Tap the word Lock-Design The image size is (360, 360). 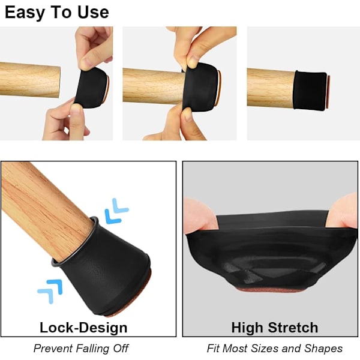coord(83,328)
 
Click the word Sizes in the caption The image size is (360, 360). coord(265,348)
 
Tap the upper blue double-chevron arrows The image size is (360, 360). coord(116,211)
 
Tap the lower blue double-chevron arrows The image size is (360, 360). coord(50,291)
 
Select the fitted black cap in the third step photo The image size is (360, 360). coord(310,91)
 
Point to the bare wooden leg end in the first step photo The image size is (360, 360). coord(30,80)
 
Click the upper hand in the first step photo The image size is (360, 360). coord(94,48)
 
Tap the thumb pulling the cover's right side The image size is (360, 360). coord(341,212)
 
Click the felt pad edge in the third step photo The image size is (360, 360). coord(329,91)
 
